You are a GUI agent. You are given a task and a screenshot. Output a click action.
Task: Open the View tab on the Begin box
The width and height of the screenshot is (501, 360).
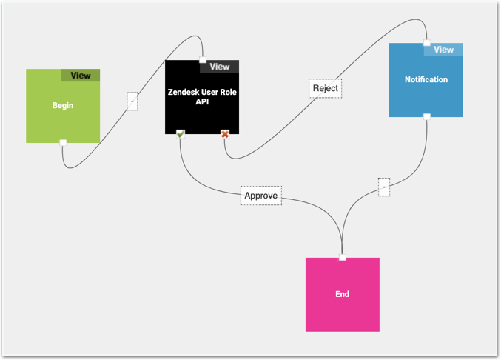click(80, 76)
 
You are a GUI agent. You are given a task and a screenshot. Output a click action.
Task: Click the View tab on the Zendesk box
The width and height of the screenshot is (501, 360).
click(219, 67)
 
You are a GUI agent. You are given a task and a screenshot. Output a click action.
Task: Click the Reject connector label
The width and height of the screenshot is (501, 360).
click(326, 88)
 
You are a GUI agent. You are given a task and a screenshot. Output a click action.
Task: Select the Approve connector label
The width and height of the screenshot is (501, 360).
click(261, 196)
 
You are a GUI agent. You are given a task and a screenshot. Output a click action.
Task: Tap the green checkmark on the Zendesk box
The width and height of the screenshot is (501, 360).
click(181, 133)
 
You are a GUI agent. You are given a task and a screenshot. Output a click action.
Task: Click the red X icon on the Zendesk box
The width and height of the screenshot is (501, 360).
click(225, 133)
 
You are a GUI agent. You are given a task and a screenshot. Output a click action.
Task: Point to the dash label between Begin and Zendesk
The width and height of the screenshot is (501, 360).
click(132, 101)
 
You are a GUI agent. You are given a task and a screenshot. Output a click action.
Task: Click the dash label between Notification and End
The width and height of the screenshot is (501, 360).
click(383, 188)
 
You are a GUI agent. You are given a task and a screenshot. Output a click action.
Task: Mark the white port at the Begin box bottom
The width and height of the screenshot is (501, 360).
click(63, 142)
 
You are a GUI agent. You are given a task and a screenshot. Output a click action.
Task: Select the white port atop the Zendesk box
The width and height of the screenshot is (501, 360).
click(202, 60)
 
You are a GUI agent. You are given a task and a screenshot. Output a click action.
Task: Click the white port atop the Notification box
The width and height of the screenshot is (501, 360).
click(426, 43)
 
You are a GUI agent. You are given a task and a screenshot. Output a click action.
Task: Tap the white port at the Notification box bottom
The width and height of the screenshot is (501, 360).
click(426, 116)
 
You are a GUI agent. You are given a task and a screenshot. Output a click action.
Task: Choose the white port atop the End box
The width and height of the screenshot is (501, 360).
click(342, 258)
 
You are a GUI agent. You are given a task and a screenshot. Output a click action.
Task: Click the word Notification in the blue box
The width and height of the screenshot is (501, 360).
click(426, 79)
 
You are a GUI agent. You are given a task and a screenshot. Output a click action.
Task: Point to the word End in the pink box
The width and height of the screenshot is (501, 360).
click(342, 294)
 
